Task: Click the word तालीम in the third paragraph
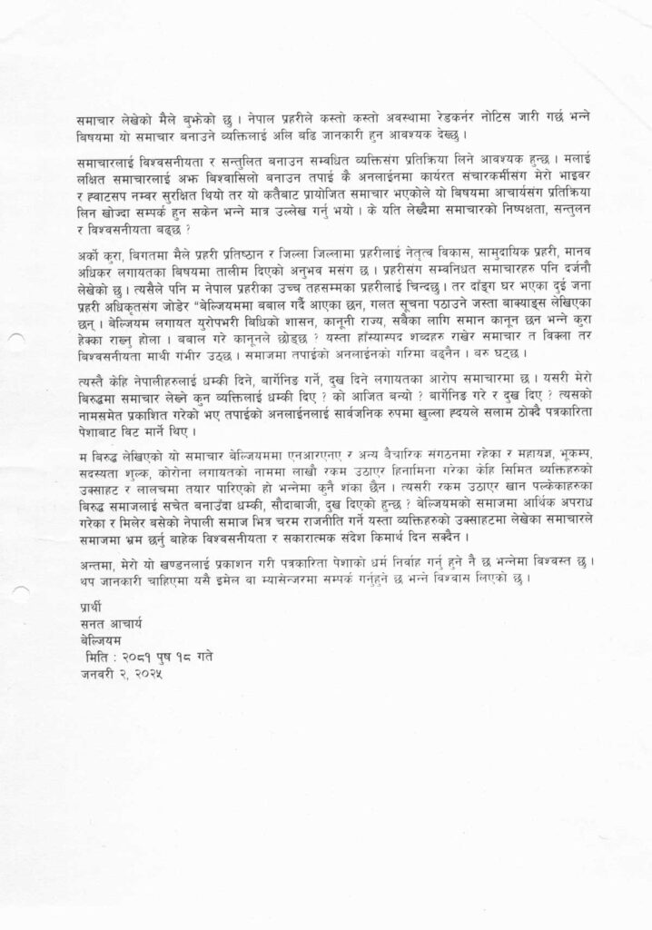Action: point(245,280)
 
